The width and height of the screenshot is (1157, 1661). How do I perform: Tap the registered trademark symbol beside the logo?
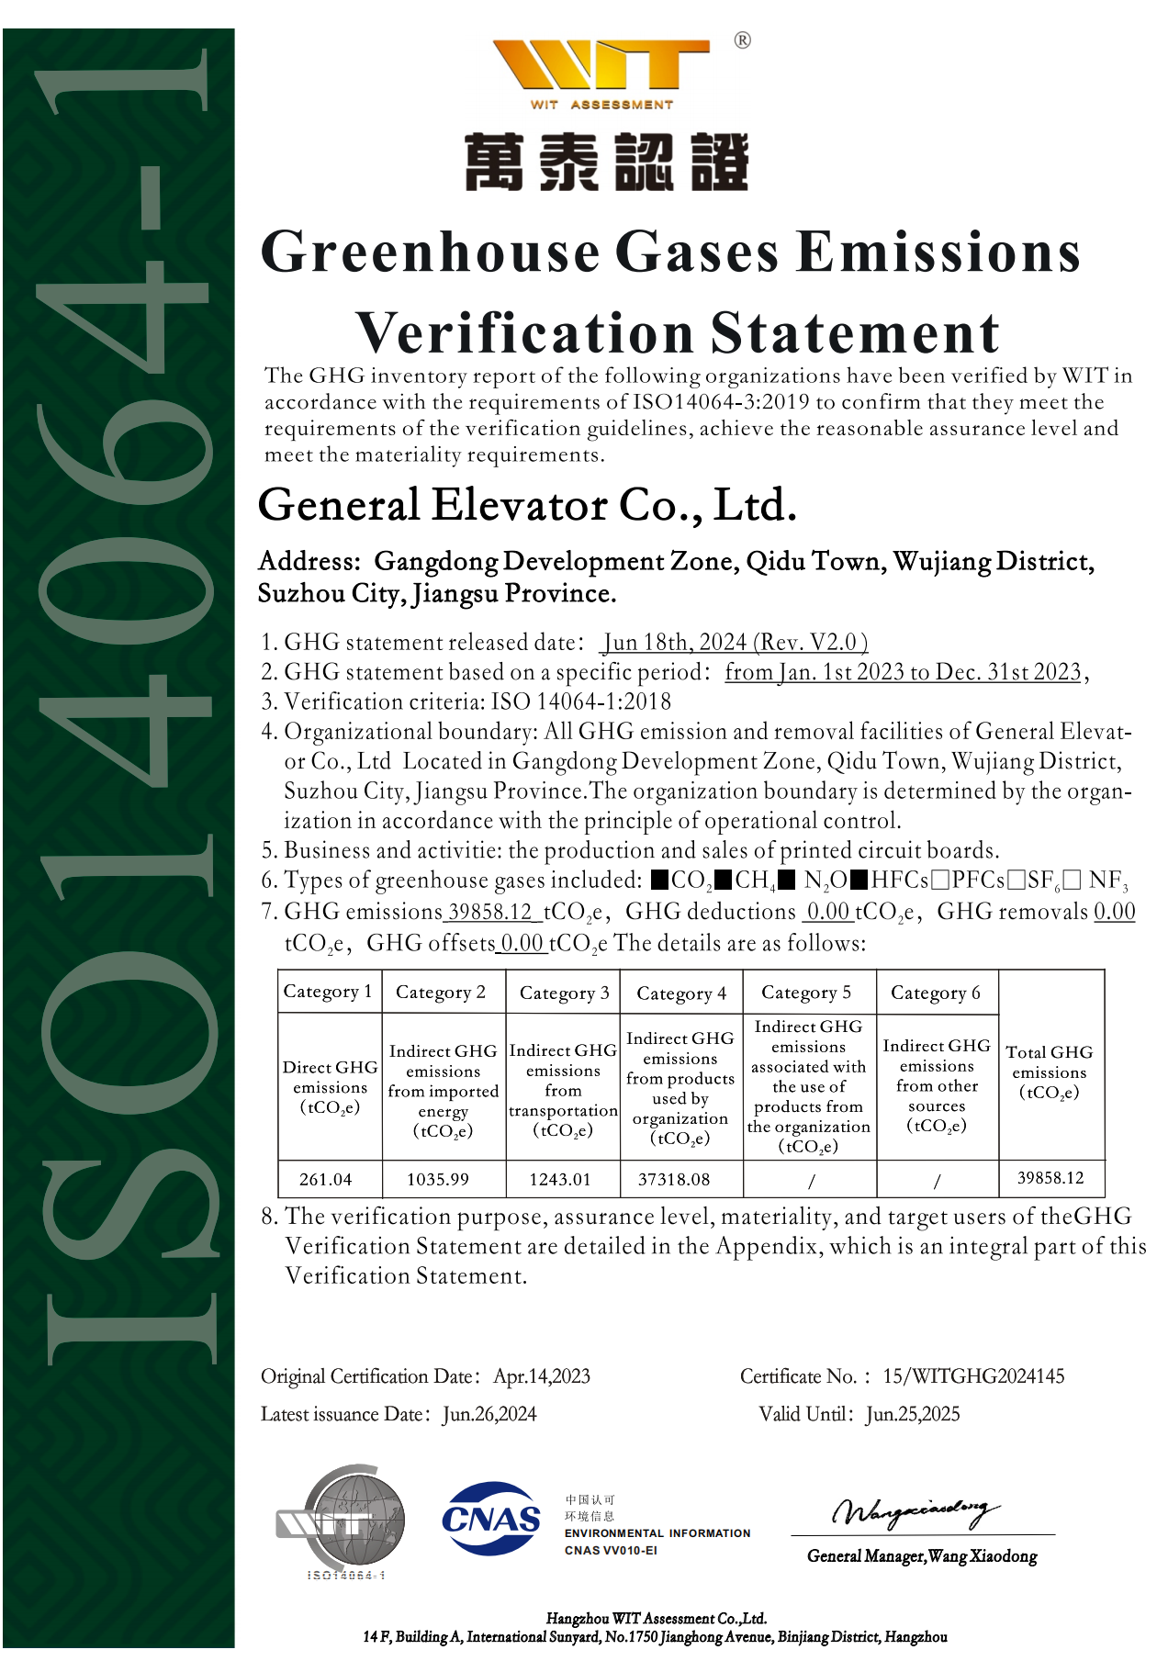tap(742, 40)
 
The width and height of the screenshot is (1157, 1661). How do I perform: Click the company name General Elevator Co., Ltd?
tap(526, 505)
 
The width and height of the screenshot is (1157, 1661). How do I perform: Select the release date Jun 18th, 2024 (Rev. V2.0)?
tap(735, 643)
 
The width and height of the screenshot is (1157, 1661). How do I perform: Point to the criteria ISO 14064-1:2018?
tap(581, 702)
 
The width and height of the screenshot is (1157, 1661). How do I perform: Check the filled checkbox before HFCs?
tap(859, 881)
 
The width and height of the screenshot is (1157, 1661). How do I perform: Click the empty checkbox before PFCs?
tap(939, 881)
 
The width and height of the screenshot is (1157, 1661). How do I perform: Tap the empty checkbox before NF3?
tap(1072, 881)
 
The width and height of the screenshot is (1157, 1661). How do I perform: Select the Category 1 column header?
tap(328, 992)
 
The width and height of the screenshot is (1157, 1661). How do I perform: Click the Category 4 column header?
tap(681, 993)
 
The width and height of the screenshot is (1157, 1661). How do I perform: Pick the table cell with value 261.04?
tap(326, 1179)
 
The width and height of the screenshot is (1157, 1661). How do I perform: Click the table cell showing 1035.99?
tap(438, 1179)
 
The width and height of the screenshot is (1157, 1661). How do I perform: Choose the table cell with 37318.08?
tap(674, 1179)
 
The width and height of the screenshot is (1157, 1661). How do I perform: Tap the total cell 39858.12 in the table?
tap(1050, 1178)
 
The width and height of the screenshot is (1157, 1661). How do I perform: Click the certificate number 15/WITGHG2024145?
tap(973, 1376)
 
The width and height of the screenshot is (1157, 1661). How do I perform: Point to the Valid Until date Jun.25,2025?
tap(913, 1414)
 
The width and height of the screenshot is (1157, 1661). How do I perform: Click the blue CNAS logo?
tap(491, 1519)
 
